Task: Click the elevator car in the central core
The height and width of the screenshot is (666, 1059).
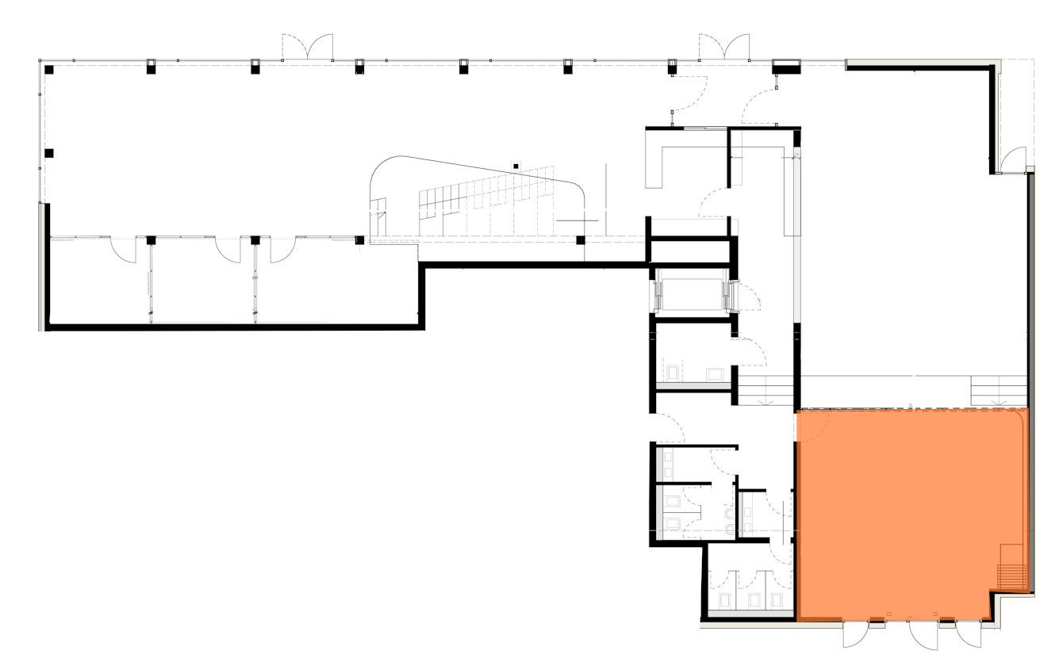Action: [691, 291]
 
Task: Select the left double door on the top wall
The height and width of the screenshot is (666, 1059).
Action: [308, 47]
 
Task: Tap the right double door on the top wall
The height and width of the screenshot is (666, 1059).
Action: [723, 47]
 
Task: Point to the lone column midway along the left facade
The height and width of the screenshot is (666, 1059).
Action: [49, 153]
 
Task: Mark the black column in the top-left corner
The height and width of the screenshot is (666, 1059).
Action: [49, 70]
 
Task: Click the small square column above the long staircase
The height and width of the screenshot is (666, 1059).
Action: [516, 166]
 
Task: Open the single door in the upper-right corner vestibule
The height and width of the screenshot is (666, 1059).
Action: [1013, 161]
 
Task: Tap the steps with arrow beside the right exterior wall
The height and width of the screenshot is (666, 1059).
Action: [999, 391]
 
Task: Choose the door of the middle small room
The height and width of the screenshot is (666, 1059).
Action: [228, 251]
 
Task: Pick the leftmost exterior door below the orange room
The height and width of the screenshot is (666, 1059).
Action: [856, 634]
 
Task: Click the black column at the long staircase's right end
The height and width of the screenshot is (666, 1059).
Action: [581, 239]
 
